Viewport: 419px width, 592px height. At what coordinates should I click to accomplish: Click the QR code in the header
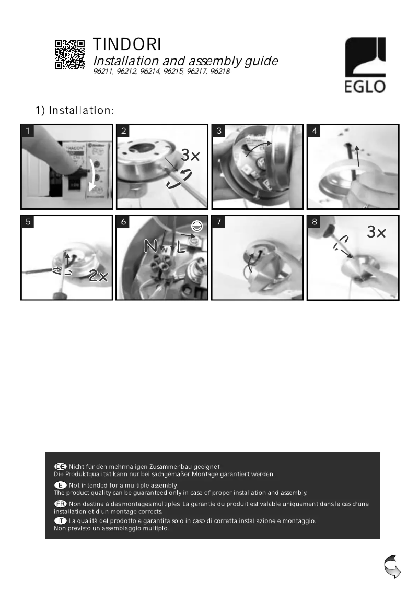point(70,54)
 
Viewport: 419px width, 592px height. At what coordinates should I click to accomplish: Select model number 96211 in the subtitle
point(103,71)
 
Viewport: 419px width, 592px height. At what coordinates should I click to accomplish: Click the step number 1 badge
point(28,132)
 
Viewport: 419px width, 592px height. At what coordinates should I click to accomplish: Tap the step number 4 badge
point(315,132)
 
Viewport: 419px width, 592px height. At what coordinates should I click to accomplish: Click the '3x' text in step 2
point(191,156)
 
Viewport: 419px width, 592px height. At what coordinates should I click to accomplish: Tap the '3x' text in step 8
point(376,233)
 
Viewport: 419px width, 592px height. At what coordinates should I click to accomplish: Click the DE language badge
point(61,466)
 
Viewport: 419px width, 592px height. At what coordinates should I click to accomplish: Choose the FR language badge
point(61,503)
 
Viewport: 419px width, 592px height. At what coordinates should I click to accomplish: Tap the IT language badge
point(61,521)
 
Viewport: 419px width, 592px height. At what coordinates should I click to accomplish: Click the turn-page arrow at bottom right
point(392,567)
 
